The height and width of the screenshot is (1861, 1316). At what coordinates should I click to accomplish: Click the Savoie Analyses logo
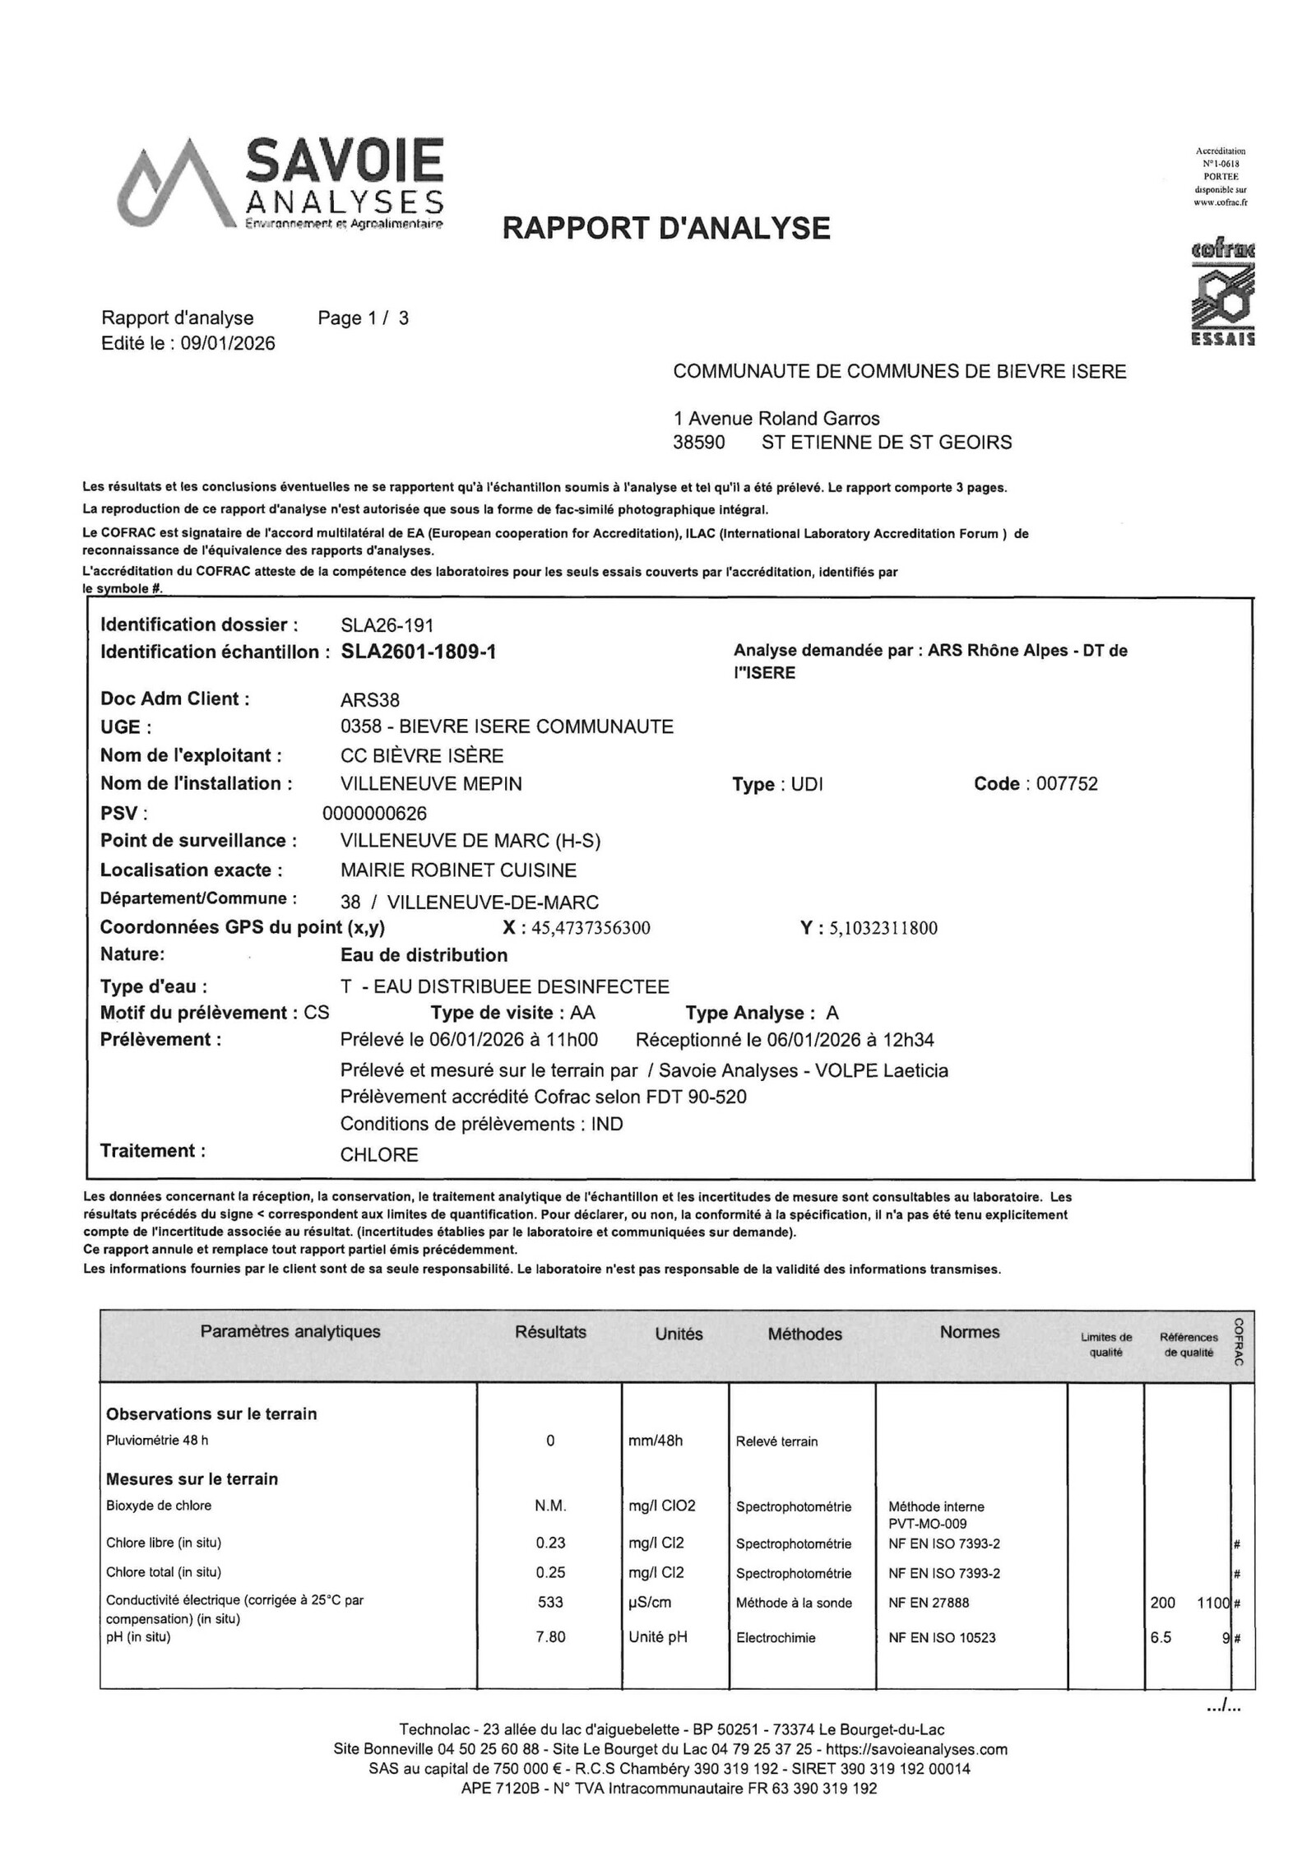point(280,183)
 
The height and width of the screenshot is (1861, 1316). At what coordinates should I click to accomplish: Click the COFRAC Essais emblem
point(1223,294)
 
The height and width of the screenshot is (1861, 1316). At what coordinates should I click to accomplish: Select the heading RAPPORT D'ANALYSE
point(666,228)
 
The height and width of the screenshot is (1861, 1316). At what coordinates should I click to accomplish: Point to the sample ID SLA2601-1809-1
point(419,652)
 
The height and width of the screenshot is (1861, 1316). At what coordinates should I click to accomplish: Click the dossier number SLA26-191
point(387,625)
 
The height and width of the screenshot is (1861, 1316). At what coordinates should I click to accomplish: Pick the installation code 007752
point(1067,783)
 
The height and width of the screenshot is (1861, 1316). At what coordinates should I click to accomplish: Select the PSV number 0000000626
point(375,814)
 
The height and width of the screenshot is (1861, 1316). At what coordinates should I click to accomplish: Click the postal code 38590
point(699,443)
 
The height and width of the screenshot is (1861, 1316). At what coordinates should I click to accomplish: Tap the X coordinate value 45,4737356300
point(591,928)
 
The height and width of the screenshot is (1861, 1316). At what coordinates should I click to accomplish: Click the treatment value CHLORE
point(379,1154)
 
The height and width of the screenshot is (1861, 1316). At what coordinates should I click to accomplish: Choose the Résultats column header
point(550,1332)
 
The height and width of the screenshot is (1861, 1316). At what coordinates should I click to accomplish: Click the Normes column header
point(970,1332)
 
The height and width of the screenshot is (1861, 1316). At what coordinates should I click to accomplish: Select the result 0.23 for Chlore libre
point(550,1543)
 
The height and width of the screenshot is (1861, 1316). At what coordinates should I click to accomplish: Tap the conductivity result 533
point(550,1602)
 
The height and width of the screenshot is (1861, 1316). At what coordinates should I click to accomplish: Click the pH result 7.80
point(550,1636)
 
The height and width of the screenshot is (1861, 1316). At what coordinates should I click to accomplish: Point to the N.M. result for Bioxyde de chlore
point(550,1506)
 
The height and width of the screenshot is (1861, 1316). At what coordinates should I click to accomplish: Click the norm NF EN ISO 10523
point(942,1637)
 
